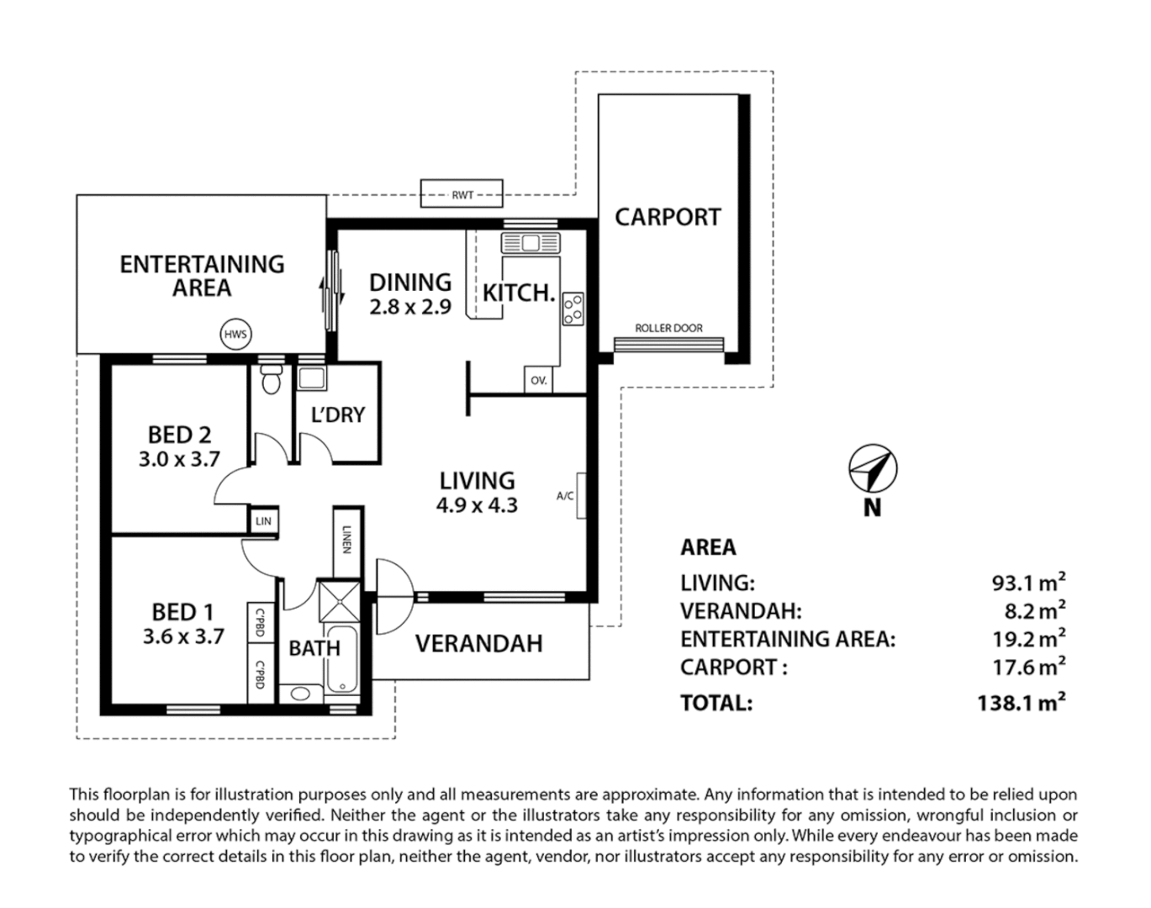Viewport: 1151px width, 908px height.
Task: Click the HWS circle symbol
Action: click(x=236, y=335)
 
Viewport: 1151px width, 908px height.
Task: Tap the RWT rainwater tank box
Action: click(x=462, y=193)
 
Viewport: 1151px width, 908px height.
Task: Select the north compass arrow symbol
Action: click(x=873, y=468)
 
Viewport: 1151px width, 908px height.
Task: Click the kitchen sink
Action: click(x=531, y=243)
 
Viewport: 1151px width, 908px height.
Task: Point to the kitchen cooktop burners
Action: click(x=573, y=309)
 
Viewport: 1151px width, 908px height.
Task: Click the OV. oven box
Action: click(x=539, y=380)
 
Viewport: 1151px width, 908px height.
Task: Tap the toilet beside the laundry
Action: click(x=272, y=379)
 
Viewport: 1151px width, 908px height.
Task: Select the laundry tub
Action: click(x=312, y=378)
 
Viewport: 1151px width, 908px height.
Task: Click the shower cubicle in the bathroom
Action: click(x=340, y=601)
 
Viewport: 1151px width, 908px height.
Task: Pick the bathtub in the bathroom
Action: click(x=342, y=660)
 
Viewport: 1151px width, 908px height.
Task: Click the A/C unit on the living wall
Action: click(x=581, y=495)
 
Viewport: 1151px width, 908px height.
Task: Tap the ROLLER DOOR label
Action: click(x=668, y=328)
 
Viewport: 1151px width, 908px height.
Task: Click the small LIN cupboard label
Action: click(x=263, y=520)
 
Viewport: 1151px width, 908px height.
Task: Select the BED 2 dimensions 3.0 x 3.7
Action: click(x=179, y=459)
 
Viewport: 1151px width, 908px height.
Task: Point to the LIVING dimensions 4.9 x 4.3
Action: click(x=477, y=505)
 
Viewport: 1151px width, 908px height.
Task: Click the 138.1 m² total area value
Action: click(x=1022, y=702)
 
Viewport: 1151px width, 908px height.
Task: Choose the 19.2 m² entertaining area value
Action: click(x=1029, y=638)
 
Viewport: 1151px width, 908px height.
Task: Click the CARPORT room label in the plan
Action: click(x=668, y=217)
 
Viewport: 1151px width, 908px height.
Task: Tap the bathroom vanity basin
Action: click(x=300, y=694)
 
